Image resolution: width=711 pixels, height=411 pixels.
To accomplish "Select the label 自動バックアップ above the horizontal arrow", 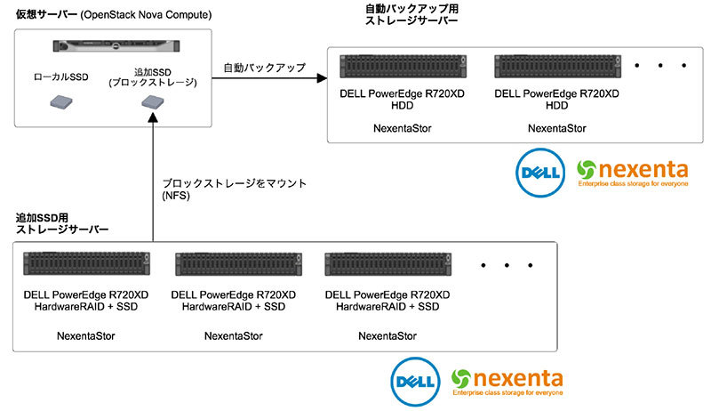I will (264, 67).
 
